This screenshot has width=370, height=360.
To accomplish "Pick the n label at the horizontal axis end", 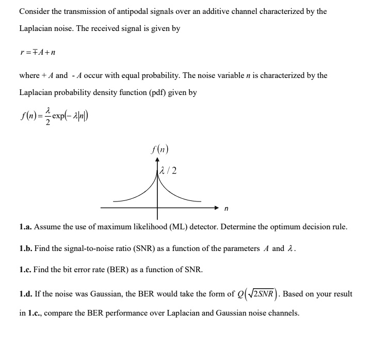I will click(226, 209).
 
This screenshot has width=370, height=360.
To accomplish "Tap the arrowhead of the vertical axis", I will click(157, 161).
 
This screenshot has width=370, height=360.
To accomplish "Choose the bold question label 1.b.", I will click(26, 248).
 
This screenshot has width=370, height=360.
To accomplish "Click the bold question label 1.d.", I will click(26, 294).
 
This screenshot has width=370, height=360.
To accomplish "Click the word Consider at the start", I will click(35, 11).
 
